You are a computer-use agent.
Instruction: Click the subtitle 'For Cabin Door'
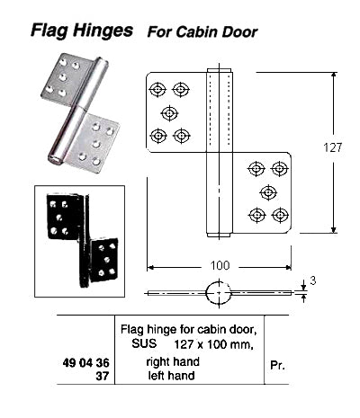pos(202,32)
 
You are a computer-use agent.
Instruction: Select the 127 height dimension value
pos(334,150)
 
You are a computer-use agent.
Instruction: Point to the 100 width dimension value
pos(220,266)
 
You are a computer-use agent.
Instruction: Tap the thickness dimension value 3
pos(313,281)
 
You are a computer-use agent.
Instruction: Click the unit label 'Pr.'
pos(278,367)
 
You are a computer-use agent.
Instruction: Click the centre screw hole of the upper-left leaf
pos(169,112)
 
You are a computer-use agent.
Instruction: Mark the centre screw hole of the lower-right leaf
pos(268,191)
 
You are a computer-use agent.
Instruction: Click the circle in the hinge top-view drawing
pos(220,293)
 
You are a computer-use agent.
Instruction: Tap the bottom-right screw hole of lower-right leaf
pos(280,214)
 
